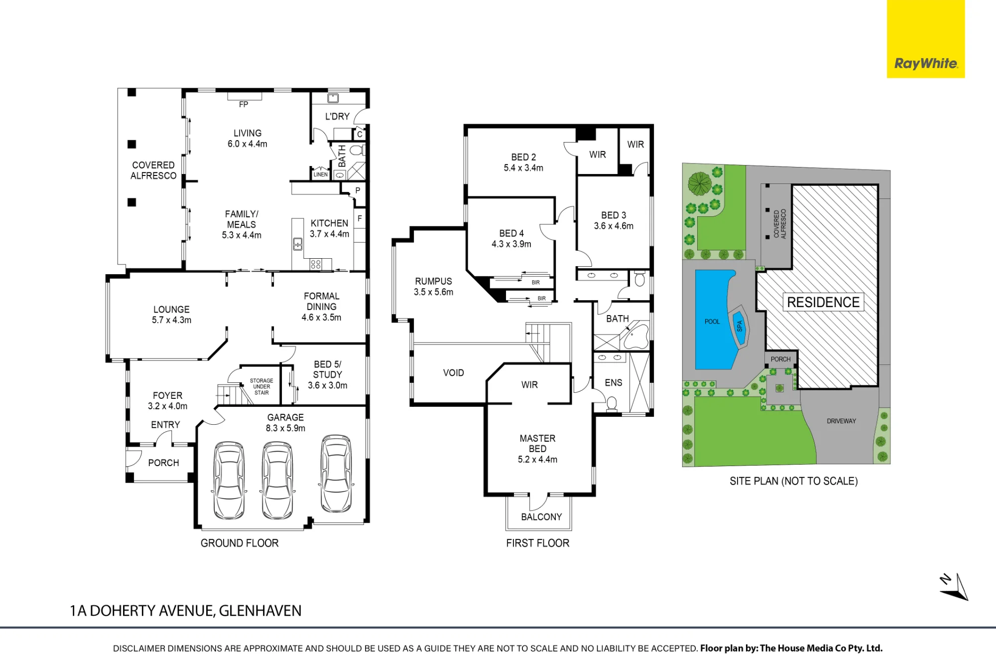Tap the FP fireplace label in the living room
pos(244,105)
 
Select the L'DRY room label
pos(337,117)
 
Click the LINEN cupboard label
pos(321,174)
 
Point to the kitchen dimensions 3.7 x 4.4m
pos(329,234)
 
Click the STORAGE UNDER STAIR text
pos(261,387)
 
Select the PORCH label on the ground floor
pos(163,463)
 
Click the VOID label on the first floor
pos(453,373)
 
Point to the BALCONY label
pos(541,517)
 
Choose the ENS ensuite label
pos(614,383)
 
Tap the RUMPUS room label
pos(433,282)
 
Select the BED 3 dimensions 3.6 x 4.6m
pos(614,226)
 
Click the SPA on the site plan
pos(739,326)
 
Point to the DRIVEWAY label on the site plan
pos(841,421)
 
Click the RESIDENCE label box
pos(823,302)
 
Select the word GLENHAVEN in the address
pos(260,611)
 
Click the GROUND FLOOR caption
pos(240,543)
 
